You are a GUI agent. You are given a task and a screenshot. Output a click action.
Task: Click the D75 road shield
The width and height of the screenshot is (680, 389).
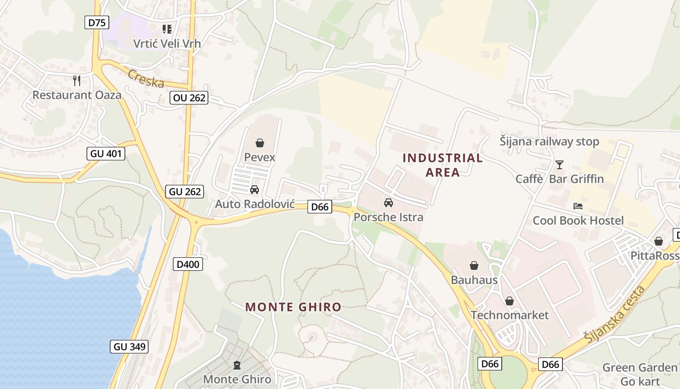97,22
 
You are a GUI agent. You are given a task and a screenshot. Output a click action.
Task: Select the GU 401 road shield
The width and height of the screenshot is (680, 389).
106,154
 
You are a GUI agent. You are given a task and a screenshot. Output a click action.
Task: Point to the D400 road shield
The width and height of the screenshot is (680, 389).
188,265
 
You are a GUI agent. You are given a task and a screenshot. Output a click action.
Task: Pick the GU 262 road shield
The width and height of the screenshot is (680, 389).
185,192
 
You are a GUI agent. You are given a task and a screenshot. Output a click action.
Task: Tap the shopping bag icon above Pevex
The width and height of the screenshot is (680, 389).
260,143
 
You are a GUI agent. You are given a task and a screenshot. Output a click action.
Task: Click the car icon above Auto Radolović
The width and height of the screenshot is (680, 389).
254,190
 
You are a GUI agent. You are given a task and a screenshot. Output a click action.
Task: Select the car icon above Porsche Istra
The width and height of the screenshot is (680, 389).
388,203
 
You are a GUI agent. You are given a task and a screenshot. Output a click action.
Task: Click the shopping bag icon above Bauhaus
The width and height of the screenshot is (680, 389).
474,265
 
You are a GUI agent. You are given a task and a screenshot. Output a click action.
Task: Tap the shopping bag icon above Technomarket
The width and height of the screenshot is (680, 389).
509,301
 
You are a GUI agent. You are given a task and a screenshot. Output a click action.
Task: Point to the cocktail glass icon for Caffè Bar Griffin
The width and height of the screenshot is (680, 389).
560,165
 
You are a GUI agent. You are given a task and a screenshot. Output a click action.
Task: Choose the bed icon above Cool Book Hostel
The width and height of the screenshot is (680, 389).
578,206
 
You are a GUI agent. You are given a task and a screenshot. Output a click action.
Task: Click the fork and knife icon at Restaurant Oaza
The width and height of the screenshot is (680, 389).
76,80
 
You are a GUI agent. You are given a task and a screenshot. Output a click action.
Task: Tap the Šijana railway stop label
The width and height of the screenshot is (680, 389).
549,142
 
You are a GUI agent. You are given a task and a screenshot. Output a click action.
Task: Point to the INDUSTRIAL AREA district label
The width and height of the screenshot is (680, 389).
442,165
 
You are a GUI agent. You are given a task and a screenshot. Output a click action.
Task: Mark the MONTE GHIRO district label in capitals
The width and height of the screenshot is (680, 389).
293,307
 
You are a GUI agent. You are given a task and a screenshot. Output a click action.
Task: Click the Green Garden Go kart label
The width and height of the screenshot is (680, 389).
639,373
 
